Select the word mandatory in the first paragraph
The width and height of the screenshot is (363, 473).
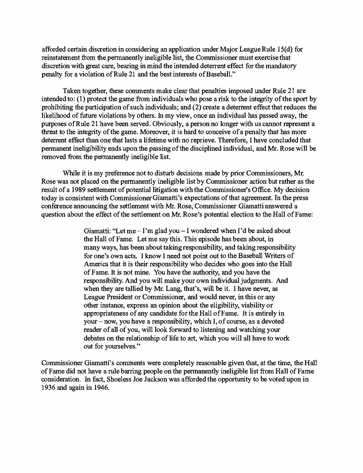coord(282,66)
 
